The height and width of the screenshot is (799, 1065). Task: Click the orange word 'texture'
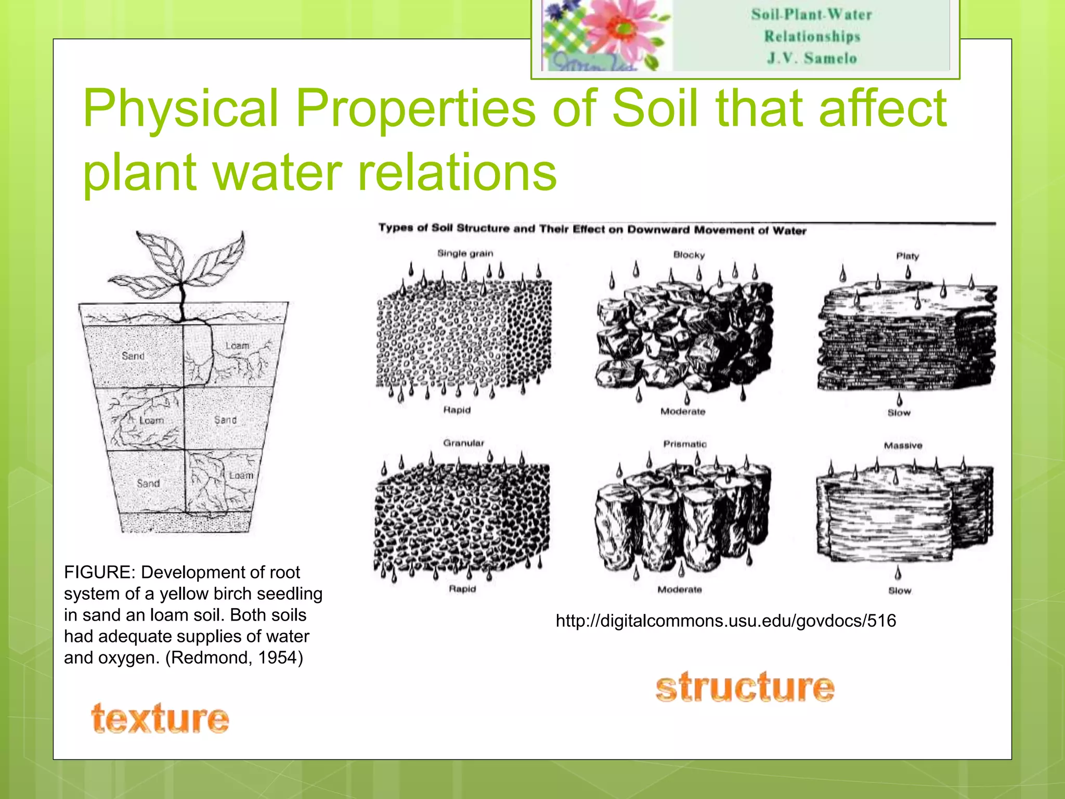(160, 718)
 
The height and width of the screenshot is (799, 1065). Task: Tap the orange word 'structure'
(745, 687)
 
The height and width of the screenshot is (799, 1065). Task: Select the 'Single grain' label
(465, 253)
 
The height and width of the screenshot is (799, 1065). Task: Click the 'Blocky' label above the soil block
(689, 255)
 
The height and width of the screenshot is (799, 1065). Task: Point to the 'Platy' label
(907, 256)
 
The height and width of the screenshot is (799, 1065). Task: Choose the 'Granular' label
(463, 443)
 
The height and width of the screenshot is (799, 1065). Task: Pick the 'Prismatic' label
(685, 444)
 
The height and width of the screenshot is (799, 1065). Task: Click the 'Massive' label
(903, 446)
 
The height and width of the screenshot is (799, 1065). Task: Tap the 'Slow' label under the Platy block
(899, 413)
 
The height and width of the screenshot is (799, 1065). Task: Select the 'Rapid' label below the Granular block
(462, 589)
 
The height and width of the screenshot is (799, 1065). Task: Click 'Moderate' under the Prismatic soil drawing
(680, 590)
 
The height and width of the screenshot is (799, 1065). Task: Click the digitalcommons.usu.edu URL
(725, 621)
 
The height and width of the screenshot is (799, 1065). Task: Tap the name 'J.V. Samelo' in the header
(812, 58)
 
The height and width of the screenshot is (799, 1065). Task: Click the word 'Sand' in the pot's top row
(133, 356)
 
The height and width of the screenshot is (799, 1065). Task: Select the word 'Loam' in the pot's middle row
(151, 420)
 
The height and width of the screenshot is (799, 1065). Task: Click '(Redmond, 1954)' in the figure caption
(234, 658)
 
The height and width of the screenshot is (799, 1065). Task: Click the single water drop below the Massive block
(898, 573)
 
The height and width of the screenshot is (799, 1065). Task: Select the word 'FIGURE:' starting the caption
(100, 572)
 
